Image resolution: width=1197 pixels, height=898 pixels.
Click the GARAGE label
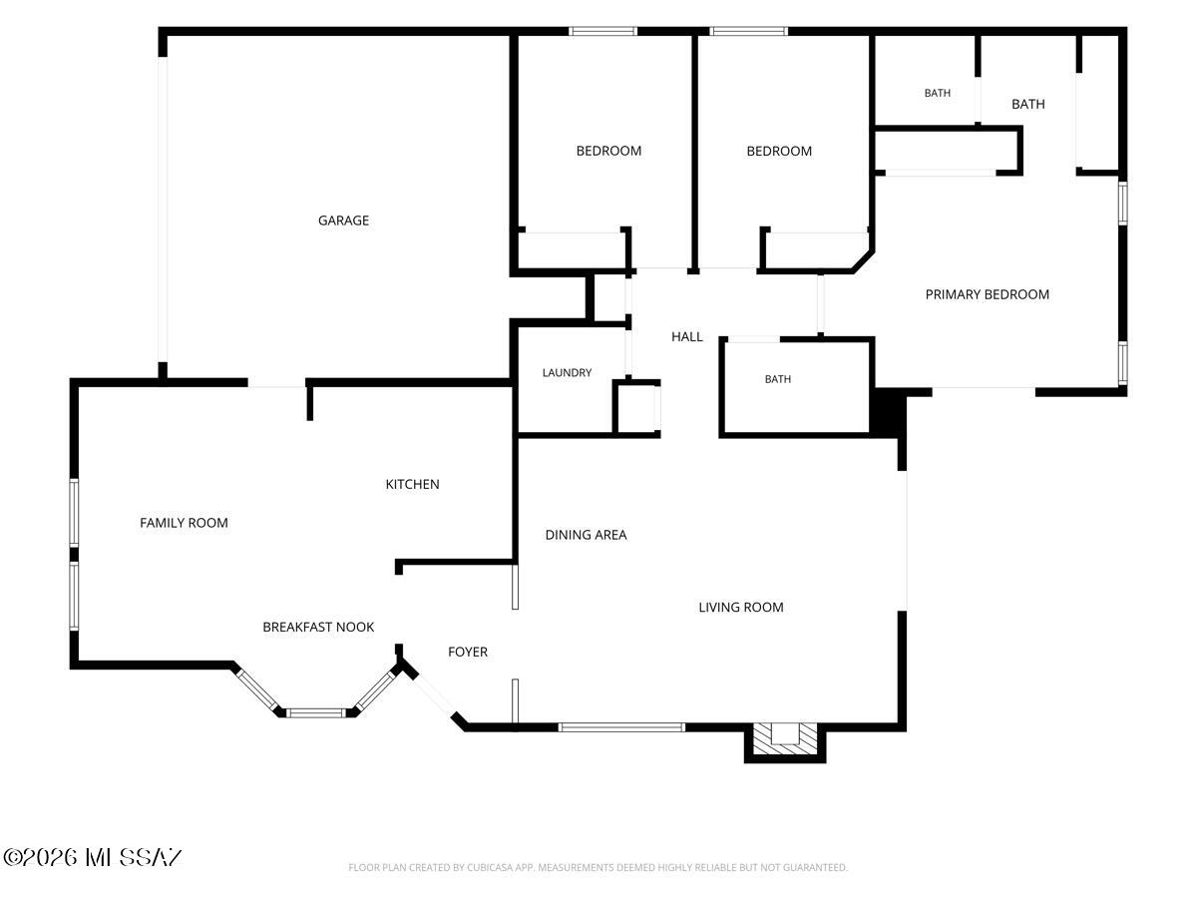(x=343, y=221)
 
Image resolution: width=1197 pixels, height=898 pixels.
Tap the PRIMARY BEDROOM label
(x=988, y=294)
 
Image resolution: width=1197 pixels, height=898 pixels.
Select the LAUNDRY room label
(x=567, y=372)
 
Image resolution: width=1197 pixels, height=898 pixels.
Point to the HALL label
(x=686, y=337)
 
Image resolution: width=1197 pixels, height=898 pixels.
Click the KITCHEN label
(x=412, y=484)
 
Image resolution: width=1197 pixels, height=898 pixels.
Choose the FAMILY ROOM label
(x=184, y=523)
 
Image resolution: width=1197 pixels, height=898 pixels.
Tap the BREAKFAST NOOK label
(x=318, y=627)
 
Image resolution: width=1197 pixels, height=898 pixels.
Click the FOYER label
(x=468, y=652)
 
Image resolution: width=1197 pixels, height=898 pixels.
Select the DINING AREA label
(x=586, y=535)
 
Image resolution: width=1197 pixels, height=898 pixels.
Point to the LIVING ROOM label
(x=741, y=607)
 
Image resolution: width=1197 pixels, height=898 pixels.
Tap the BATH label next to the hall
(x=778, y=379)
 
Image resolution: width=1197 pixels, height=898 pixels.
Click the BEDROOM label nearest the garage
(x=608, y=151)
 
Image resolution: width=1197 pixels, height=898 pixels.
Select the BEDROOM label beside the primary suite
(x=779, y=151)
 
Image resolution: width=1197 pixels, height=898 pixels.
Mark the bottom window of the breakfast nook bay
(x=316, y=712)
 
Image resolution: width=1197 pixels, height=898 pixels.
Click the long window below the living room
(x=621, y=726)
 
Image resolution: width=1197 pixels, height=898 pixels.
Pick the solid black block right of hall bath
(x=888, y=412)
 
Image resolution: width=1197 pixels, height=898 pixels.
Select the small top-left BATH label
(x=937, y=93)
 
